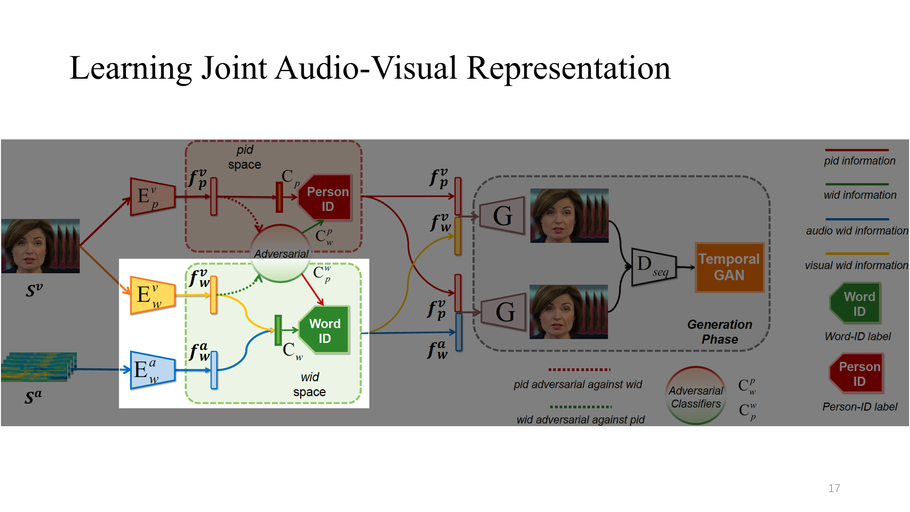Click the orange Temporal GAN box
click(729, 267)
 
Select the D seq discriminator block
click(654, 267)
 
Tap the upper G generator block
click(502, 216)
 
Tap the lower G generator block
click(504, 312)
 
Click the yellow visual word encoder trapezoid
click(152, 295)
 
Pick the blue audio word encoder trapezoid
click(152, 370)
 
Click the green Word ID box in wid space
click(325, 330)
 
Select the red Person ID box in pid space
click(327, 198)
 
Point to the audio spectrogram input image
click(39, 367)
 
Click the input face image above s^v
click(40, 246)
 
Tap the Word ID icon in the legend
click(856, 303)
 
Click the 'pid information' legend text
click(859, 161)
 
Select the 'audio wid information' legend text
click(856, 231)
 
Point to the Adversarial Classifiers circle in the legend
click(695, 396)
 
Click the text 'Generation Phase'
click(719, 332)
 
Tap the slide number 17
click(834, 488)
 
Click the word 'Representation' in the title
click(568, 68)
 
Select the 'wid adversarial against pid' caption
click(580, 420)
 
